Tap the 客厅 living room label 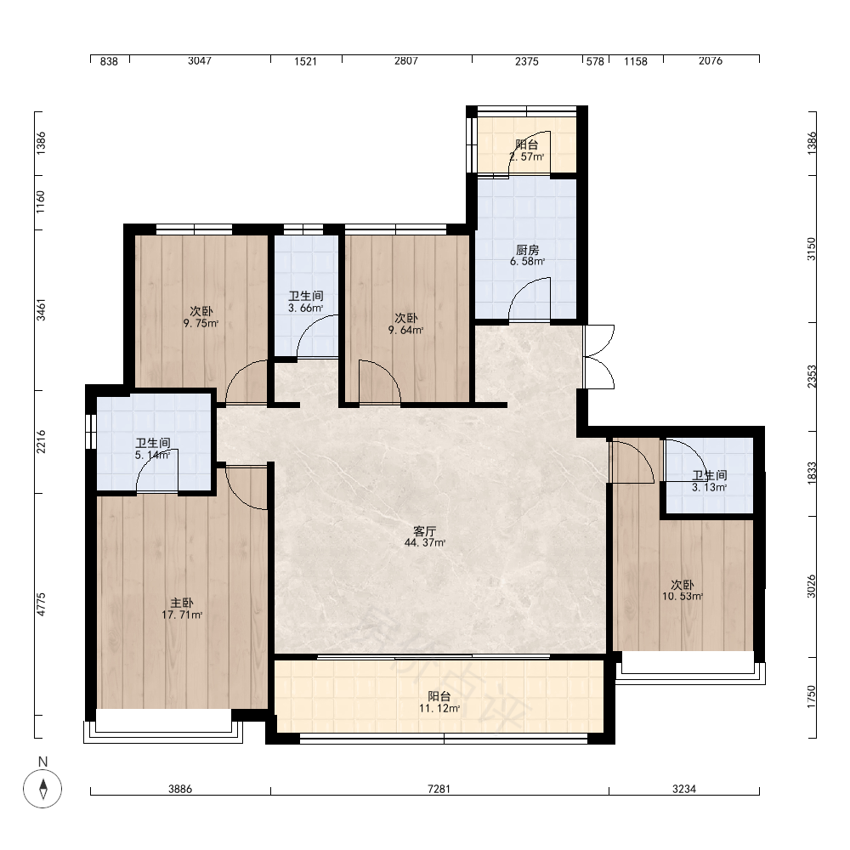tap(424, 531)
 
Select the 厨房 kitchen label tap(527, 250)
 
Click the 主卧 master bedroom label tap(182, 603)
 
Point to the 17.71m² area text tap(182, 615)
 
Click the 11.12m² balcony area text tap(439, 708)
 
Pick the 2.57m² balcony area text tap(526, 156)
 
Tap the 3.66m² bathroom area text tap(306, 308)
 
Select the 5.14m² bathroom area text tap(152, 455)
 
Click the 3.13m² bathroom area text tap(709, 487)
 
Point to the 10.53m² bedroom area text tap(682, 597)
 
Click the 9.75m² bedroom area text tap(201, 324)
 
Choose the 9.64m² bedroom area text tap(405, 330)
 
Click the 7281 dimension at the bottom tap(439, 789)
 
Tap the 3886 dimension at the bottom tap(180, 789)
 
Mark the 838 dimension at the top tap(109, 61)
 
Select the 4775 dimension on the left tap(42, 604)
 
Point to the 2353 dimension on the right tap(812, 377)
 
